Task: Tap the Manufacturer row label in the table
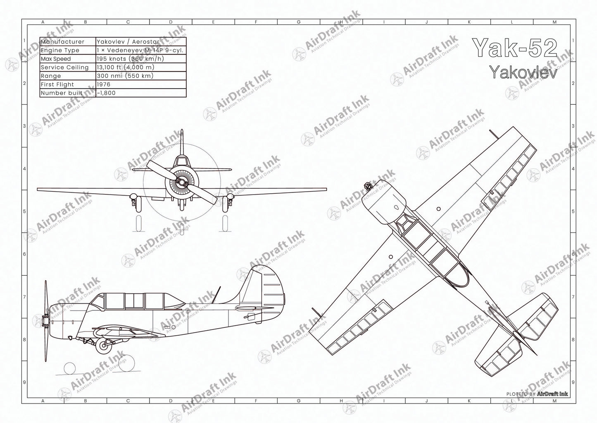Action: [62, 42]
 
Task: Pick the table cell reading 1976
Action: [103, 84]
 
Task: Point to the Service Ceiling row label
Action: [64, 67]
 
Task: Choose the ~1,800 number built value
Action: [106, 93]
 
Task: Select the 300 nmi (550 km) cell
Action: [125, 76]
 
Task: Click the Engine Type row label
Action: [60, 50]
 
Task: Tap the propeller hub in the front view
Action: [181, 182]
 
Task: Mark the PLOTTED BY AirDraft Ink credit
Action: [537, 394]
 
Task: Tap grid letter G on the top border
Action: [299, 22]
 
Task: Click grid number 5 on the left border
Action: [25, 211]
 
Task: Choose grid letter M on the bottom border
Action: [554, 401]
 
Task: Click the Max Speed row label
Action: [56, 59]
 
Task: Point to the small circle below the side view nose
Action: [69, 368]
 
